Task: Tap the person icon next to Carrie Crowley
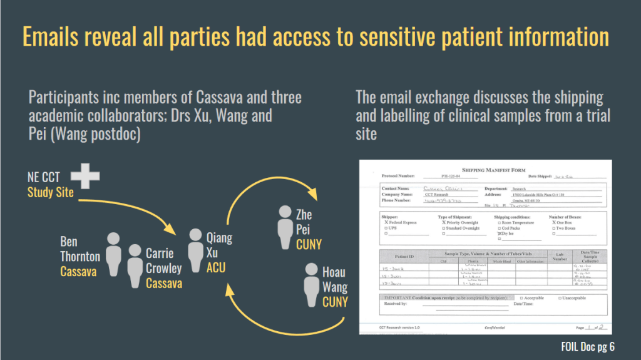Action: point(135,265)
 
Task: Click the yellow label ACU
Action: point(216,267)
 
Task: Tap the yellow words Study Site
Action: point(51,193)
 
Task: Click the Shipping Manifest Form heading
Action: point(493,170)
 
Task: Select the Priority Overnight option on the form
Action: point(444,222)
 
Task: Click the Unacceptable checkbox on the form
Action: point(560,297)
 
